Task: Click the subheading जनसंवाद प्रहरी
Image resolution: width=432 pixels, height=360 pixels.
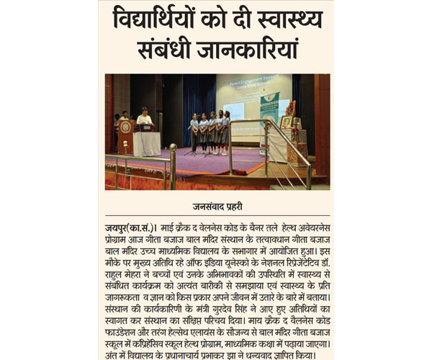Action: [x=216, y=204]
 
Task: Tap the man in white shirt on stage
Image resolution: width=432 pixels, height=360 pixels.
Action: [x=145, y=117]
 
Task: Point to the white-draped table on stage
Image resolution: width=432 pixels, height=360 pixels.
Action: [x=147, y=142]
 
